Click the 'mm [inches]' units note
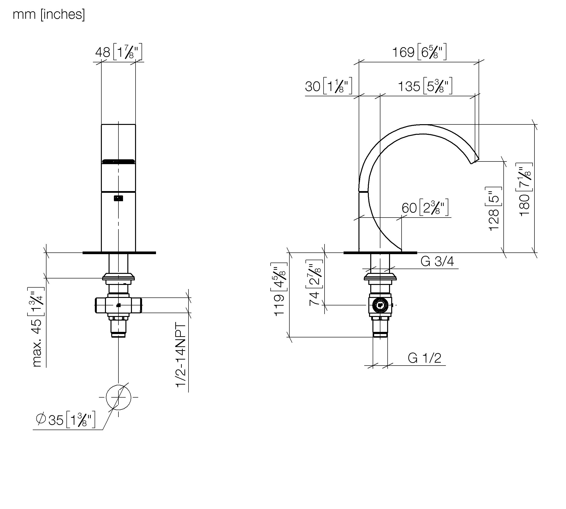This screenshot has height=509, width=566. click(x=49, y=14)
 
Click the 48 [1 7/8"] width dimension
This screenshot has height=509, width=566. click(x=119, y=52)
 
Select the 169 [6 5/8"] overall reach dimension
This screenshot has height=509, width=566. click(x=419, y=52)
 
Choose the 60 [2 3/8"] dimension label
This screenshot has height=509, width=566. click(x=425, y=207)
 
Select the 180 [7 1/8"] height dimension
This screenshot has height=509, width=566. click(x=524, y=189)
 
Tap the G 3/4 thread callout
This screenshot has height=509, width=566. click(x=437, y=262)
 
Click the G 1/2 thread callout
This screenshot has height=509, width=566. click(x=424, y=358)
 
